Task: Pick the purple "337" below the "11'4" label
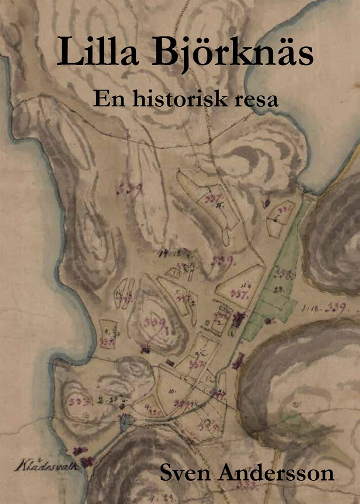pos(238,293)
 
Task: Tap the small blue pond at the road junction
pos(126,421)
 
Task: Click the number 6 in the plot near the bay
pos(275,220)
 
